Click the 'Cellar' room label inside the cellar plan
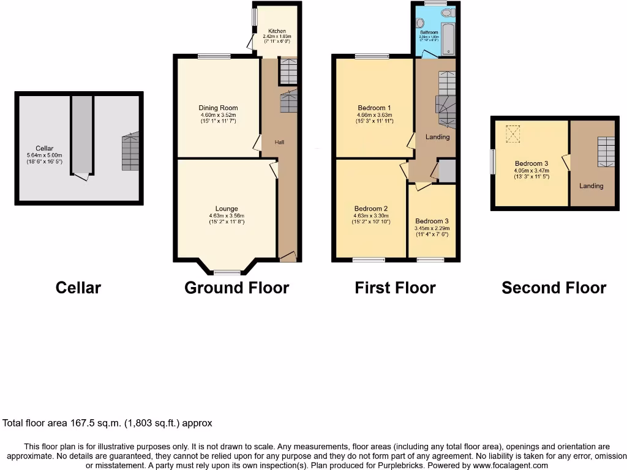pyautogui.click(x=44, y=148)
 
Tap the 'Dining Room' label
pyautogui.click(x=218, y=108)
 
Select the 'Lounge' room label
pyautogui.click(x=226, y=209)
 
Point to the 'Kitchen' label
pyautogui.click(x=277, y=31)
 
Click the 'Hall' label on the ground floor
pyautogui.click(x=279, y=142)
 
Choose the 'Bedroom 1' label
pyautogui.click(x=374, y=108)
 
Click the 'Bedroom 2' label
pyautogui.click(x=370, y=209)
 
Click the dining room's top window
pyautogui.click(x=214, y=56)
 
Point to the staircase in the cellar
pyautogui.click(x=130, y=152)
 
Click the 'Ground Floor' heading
pyautogui.click(x=236, y=288)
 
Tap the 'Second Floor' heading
pyautogui.click(x=554, y=288)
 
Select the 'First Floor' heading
pyautogui.click(x=395, y=288)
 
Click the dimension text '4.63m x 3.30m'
pyautogui.click(x=370, y=215)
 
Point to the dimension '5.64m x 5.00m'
pyautogui.click(x=44, y=155)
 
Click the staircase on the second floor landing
pyautogui.click(x=606, y=151)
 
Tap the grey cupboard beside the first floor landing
pyautogui.click(x=448, y=171)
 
